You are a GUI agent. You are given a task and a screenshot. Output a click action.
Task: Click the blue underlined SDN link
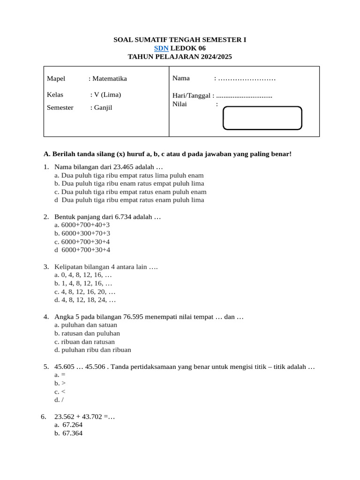[161, 48]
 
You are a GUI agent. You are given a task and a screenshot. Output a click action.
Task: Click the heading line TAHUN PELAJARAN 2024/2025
[180, 57]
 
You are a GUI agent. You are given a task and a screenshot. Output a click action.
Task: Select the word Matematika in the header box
[110, 78]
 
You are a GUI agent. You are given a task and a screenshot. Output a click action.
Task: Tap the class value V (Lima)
[107, 94]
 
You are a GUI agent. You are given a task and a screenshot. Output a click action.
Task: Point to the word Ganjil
[103, 107]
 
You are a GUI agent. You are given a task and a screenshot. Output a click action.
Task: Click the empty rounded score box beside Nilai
[262, 118]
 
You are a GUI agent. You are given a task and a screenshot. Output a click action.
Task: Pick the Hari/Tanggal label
[192, 96]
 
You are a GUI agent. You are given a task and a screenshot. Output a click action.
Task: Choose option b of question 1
[129, 183]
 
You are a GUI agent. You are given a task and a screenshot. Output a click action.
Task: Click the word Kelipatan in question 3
[69, 267]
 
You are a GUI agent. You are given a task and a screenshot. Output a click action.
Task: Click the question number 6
[44, 416]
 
